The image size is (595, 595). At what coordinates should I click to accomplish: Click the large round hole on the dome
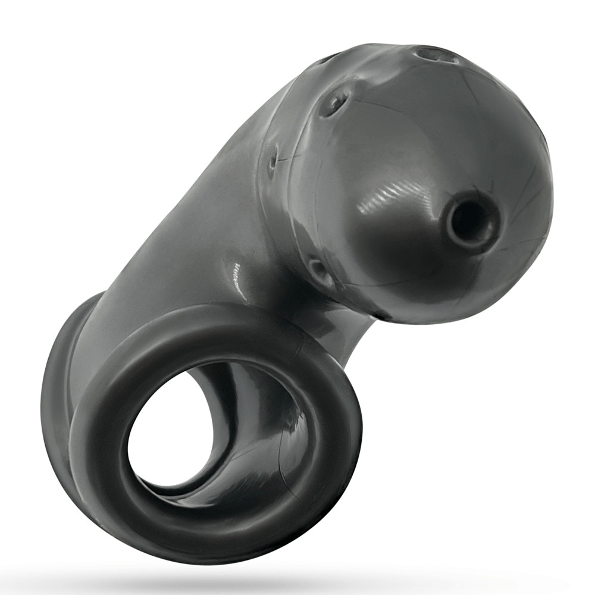tap(471, 221)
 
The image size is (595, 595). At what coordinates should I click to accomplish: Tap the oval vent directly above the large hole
tap(437, 55)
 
